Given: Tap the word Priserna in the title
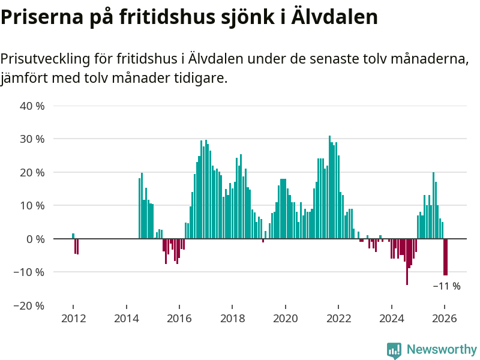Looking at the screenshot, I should coord(35,17).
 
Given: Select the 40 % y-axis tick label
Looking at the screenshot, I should coord(33,106).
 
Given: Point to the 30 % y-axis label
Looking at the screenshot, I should coord(33,139).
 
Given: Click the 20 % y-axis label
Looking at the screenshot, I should coord(33,172).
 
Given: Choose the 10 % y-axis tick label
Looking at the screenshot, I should coord(33,205).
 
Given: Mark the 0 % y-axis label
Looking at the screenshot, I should coord(36,239).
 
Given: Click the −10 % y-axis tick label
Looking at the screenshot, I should coord(30,272).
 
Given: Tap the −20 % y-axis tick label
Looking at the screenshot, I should coord(30,305).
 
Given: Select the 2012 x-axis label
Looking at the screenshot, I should coord(73,319).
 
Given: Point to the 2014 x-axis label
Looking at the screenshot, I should coord(126,319).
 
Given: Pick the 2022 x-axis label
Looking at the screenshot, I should coord(338,319).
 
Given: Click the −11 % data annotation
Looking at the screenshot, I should coord(446,286).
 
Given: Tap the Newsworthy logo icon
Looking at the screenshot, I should coord(394,350).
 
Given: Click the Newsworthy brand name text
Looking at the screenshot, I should coord(442,349).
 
